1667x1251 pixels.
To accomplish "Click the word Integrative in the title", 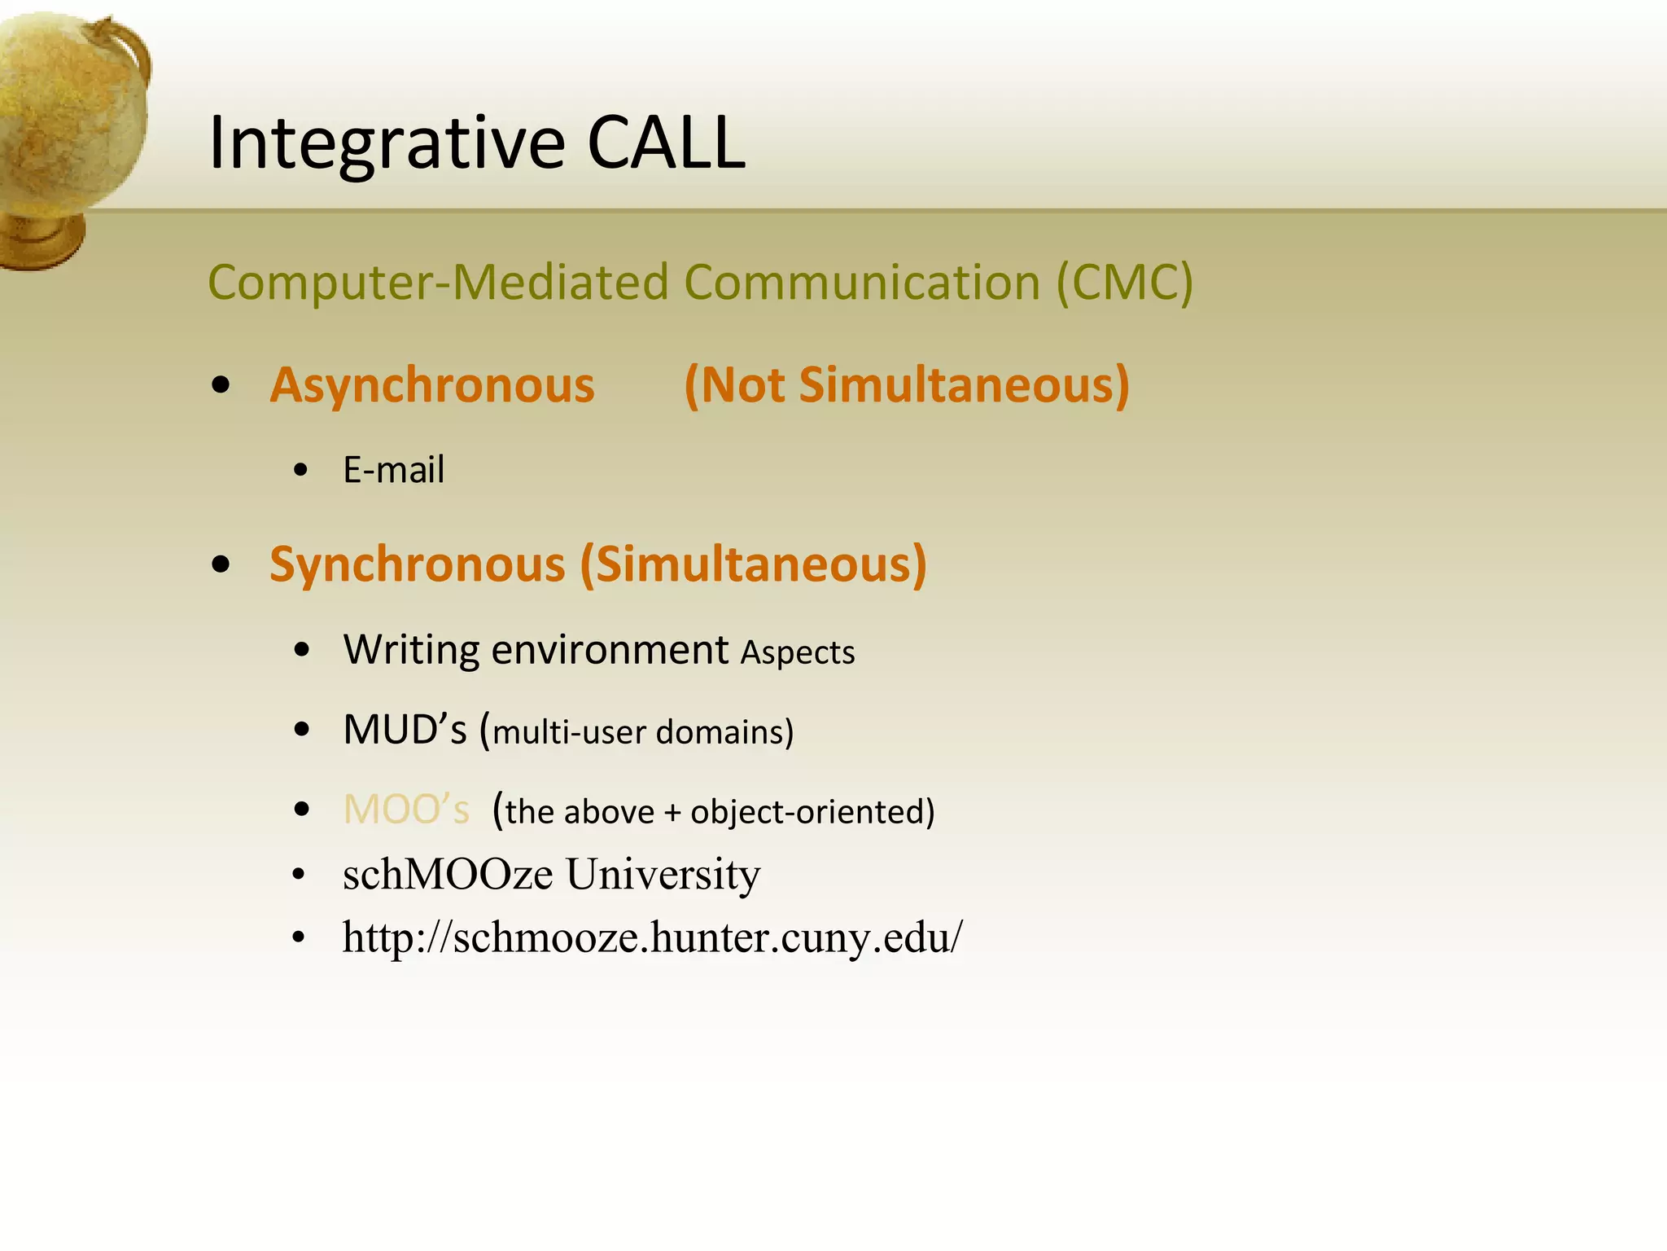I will pyautogui.click(x=387, y=143).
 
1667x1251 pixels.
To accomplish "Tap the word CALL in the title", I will pyautogui.click(x=665, y=143).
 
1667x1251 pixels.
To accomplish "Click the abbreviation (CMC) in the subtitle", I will pyautogui.click(x=1124, y=283).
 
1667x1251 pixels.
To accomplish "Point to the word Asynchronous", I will pyautogui.click(x=432, y=385).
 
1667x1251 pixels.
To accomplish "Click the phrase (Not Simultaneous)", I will pyautogui.click(x=907, y=385).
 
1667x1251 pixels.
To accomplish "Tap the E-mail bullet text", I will pyautogui.click(x=394, y=470).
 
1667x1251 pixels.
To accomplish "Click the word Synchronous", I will pyautogui.click(x=417, y=564).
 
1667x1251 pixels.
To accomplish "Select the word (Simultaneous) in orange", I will pyautogui.click(x=753, y=564).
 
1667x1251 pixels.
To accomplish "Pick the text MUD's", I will pyautogui.click(x=405, y=729).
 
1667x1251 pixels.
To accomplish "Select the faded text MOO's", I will pyautogui.click(x=406, y=810).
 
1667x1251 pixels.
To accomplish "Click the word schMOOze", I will pyautogui.click(x=448, y=874).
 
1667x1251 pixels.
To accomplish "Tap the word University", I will pyautogui.click(x=663, y=874).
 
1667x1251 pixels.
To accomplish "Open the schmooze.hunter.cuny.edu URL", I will pyautogui.click(x=652, y=937).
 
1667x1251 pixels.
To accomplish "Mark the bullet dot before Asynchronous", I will pyautogui.click(x=221, y=385).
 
